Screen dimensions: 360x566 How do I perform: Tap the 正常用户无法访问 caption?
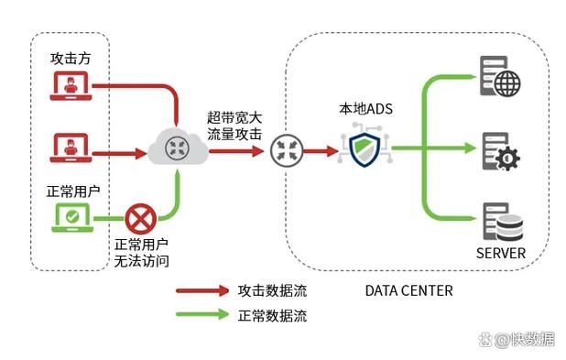point(141,254)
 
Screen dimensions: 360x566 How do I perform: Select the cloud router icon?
point(176,149)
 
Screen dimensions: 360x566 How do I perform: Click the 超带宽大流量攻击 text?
point(234,126)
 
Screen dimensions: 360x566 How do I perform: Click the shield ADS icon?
point(365,147)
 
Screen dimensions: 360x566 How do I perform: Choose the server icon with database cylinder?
point(500,221)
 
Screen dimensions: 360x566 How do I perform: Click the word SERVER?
point(500,253)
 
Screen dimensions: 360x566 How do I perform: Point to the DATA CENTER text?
point(408,290)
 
